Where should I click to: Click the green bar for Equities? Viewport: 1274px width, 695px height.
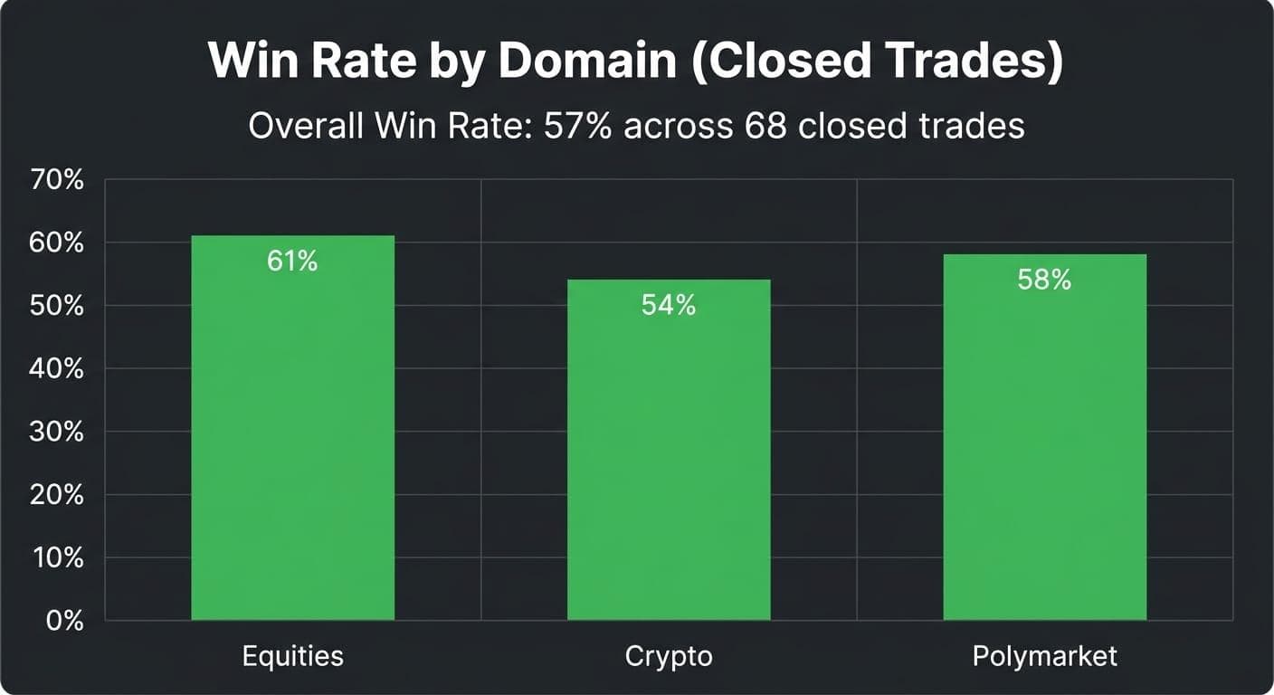292,434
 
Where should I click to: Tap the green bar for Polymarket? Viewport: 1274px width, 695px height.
1044,443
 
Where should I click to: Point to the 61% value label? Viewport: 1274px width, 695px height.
292,262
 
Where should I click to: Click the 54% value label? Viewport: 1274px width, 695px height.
669,306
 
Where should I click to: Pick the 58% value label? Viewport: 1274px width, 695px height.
1044,281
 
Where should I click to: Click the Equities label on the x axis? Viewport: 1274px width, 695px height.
292,655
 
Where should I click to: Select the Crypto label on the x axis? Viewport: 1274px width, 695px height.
669,655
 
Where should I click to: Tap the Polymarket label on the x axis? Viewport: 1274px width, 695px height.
1044,655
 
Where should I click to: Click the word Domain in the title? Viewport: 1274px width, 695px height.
586,61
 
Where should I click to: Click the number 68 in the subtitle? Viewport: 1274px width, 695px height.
765,126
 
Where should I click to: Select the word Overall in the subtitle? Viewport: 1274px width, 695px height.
301,126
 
